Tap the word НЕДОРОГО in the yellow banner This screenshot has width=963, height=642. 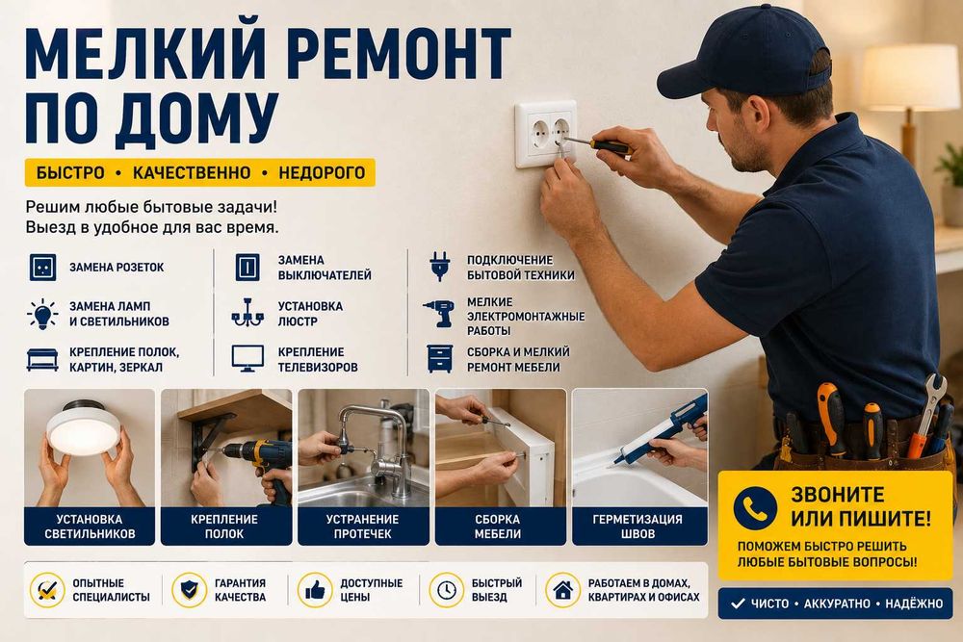click(x=322, y=173)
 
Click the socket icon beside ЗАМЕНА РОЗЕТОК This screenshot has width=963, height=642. click(x=42, y=268)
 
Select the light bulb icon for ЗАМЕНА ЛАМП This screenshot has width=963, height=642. click(x=42, y=314)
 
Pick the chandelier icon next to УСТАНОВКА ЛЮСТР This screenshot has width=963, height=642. click(x=247, y=313)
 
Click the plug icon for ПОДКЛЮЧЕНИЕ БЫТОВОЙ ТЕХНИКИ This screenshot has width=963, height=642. click(x=440, y=267)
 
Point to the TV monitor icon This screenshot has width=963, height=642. click(x=247, y=358)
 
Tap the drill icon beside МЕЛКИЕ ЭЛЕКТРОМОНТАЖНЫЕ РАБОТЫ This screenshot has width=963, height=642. click(x=439, y=313)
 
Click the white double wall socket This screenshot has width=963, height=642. click(x=545, y=135)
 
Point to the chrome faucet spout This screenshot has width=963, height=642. click(x=375, y=429)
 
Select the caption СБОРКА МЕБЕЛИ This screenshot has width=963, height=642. click(x=498, y=526)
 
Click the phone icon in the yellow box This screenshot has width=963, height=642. click(x=755, y=507)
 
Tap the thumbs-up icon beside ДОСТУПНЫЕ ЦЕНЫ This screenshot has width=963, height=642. click(x=315, y=590)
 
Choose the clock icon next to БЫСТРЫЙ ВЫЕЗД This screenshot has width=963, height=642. click(x=447, y=590)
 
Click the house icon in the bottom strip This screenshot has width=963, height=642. click(x=562, y=590)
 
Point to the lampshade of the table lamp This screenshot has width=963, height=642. click(x=911, y=78)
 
